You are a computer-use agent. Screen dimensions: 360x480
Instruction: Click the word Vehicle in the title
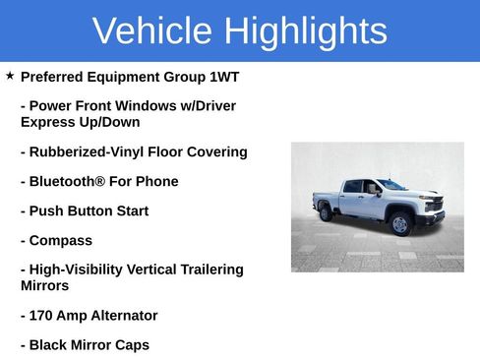pyautogui.click(x=152, y=31)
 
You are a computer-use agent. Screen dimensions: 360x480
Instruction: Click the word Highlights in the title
pyautogui.click(x=305, y=31)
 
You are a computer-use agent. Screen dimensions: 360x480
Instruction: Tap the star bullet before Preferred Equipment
pyautogui.click(x=10, y=76)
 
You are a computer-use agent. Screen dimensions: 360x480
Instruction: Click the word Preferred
pyautogui.click(x=57, y=77)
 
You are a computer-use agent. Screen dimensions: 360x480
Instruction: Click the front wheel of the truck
pyautogui.click(x=399, y=223)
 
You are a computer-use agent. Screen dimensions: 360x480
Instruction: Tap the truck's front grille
pyautogui.click(x=434, y=205)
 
